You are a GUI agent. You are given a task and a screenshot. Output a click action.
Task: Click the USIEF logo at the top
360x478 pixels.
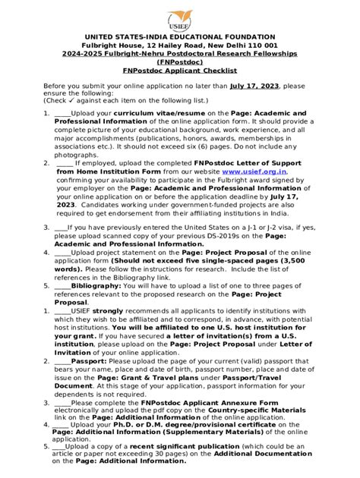(179, 18)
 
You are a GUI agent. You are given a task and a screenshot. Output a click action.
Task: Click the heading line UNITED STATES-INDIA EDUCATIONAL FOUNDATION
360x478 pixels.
(179, 37)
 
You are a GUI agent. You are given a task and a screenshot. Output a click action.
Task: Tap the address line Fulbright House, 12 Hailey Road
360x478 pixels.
(179, 46)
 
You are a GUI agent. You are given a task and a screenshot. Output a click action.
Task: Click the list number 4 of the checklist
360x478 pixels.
(45, 252)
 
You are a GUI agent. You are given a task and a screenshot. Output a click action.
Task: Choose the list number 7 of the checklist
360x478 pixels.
(45, 363)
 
